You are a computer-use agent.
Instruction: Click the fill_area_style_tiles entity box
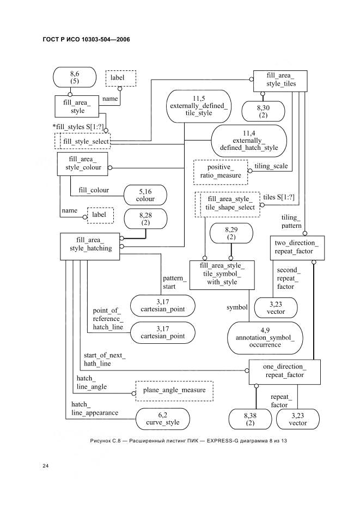tap(280, 81)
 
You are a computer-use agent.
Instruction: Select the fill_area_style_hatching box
tap(90, 246)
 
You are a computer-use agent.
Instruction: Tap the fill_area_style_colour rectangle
tap(83, 164)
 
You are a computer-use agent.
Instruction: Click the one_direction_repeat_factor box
tap(284, 372)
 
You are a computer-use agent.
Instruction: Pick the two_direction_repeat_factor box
tap(297, 248)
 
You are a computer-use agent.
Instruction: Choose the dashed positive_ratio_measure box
tap(221, 172)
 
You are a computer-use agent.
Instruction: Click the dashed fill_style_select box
tap(83, 141)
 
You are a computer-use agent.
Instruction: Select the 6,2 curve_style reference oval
tap(163, 419)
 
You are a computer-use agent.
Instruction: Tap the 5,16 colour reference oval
tap(145, 195)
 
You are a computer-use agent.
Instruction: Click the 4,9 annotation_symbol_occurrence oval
tap(265, 338)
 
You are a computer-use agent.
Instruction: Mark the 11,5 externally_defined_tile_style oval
tap(199, 106)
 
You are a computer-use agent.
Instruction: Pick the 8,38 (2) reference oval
tap(250, 419)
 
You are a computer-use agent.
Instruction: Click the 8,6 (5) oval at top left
tap(75, 77)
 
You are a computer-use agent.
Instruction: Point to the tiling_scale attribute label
tap(271, 166)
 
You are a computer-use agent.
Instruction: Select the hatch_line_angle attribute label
tap(91, 382)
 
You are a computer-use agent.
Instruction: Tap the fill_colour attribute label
tap(94, 190)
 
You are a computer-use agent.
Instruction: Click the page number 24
tap(46, 466)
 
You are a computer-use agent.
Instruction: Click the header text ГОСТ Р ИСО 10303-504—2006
tap(86, 39)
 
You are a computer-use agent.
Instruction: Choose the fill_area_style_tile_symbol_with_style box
tap(222, 275)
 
